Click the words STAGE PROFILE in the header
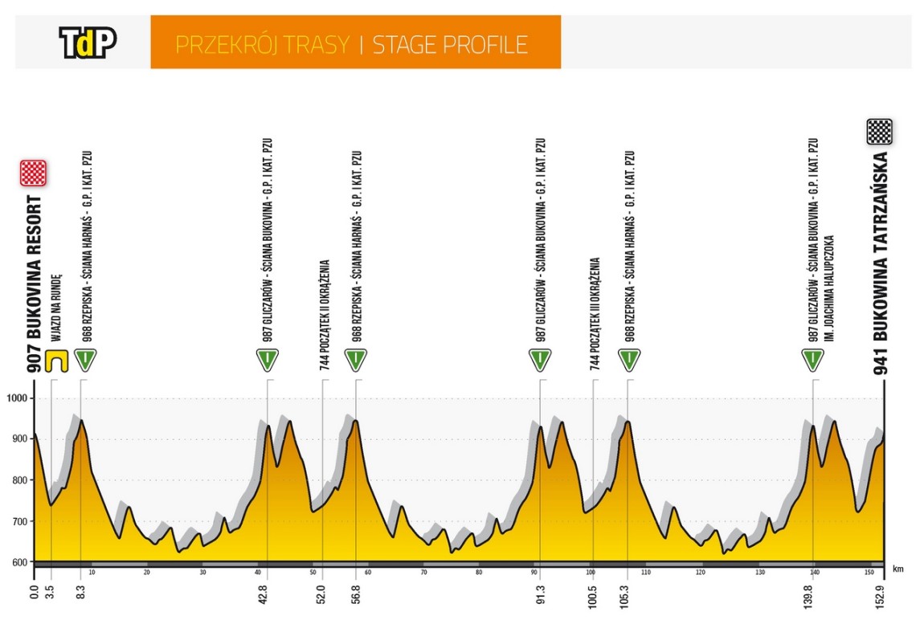450,44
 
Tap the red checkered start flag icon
34,173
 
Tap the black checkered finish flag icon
879,132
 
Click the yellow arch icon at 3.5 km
55,361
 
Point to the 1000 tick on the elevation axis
18,399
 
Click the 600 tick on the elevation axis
18,562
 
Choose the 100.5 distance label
593,593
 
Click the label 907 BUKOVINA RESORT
35,284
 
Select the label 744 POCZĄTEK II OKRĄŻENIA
324,313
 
